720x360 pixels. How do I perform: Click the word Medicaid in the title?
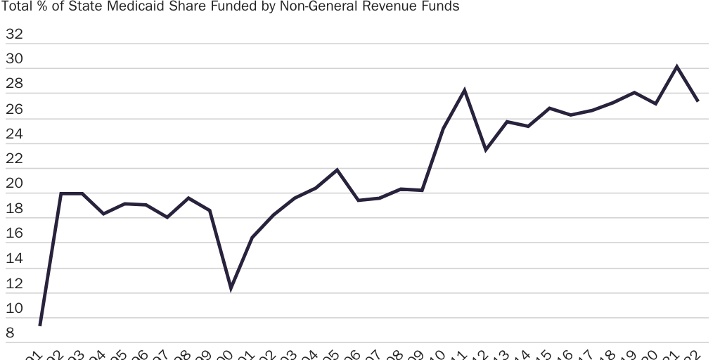click(x=141, y=7)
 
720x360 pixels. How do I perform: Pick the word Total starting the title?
click(x=17, y=7)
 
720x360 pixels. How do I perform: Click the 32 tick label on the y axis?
click(x=14, y=34)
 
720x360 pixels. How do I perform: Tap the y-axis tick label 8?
click(x=10, y=334)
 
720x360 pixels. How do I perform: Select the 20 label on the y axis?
click(x=14, y=184)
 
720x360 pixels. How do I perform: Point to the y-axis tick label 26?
click(x=14, y=109)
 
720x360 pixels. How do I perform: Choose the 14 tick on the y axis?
click(x=14, y=259)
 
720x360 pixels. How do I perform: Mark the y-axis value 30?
click(x=14, y=59)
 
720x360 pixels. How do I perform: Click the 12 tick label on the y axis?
click(x=14, y=284)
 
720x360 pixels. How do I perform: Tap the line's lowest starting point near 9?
click(x=40, y=325)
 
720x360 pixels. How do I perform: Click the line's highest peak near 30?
click(x=676, y=67)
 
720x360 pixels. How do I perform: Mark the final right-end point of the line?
click(x=697, y=101)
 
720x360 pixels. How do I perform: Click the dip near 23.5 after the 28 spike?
click(x=486, y=150)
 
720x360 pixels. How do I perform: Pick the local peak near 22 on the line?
click(x=337, y=169)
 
